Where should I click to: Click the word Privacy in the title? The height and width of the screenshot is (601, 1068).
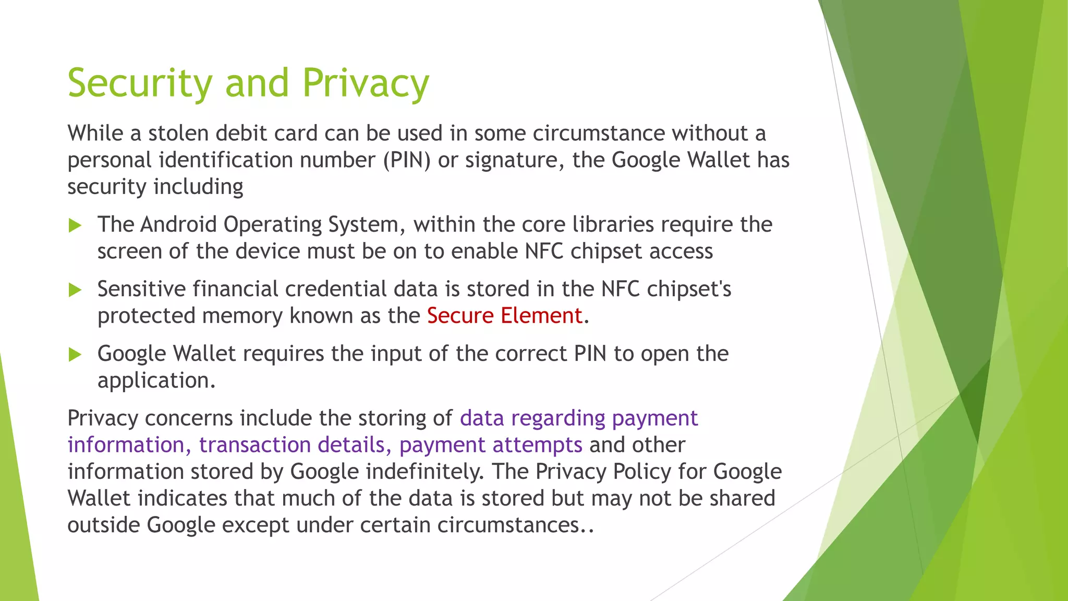(366, 83)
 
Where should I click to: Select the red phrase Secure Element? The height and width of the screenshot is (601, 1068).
(504, 316)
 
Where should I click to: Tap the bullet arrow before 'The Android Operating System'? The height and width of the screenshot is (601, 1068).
(75, 226)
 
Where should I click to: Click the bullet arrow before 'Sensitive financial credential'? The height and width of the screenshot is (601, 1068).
(75, 290)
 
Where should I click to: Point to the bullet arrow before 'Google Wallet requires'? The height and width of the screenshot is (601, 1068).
(75, 355)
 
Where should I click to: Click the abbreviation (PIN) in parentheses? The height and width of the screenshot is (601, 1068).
(407, 160)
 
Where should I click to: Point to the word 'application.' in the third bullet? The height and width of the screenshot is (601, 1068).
(156, 381)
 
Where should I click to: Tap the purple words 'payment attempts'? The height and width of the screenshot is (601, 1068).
(491, 445)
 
